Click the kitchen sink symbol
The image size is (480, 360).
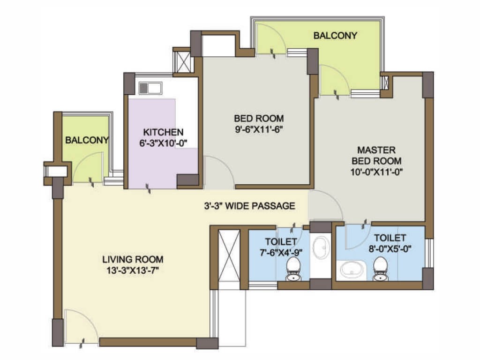pos(150,88)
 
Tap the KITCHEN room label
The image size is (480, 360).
pos(163,132)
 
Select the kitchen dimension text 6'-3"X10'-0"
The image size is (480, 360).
pos(163,143)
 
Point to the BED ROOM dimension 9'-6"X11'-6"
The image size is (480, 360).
pos(259,129)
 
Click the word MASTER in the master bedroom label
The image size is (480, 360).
pos(376,150)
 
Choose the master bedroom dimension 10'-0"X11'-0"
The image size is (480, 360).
pos(376,172)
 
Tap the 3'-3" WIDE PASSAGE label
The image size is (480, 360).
pos(249,206)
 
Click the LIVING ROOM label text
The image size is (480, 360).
pos(133,260)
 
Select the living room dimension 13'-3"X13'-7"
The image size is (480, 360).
pos(133,270)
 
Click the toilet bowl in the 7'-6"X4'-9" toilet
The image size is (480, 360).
pos(293,269)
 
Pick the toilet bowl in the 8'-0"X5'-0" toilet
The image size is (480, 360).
pos(380,269)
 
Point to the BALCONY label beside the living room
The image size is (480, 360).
pos(87,140)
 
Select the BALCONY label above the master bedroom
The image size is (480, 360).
pos(335,36)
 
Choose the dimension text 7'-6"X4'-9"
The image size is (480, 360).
pos(281,253)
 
